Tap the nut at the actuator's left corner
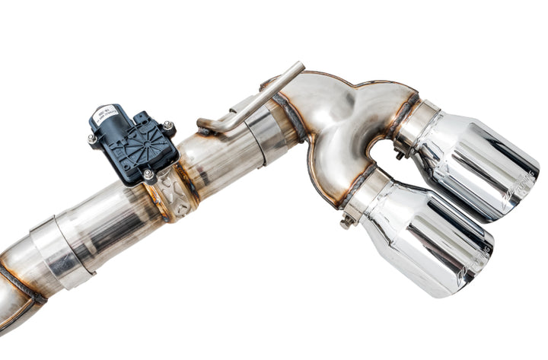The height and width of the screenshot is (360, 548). pos(92,140)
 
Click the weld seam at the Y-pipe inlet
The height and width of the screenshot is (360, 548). pos(289,118)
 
